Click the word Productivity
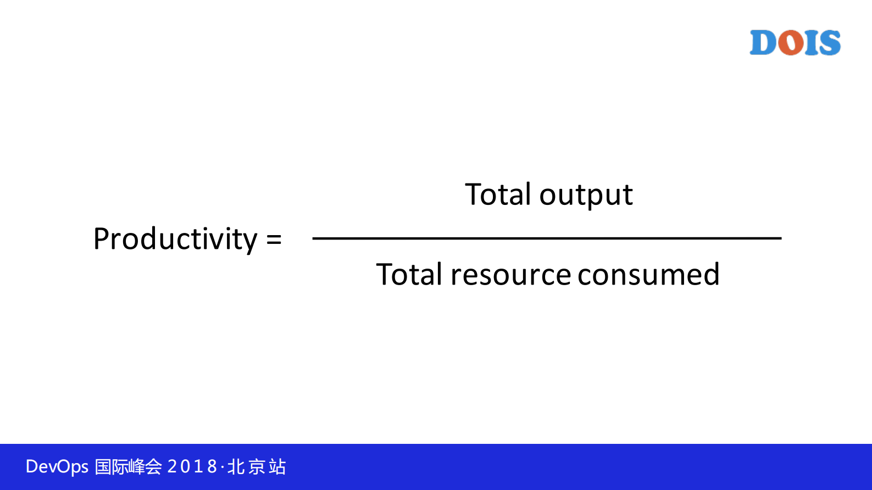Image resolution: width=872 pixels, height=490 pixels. [175, 238]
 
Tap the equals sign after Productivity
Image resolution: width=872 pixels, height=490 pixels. [274, 239]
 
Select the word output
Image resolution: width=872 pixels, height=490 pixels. [586, 196]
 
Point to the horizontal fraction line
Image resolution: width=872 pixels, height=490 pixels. [547, 238]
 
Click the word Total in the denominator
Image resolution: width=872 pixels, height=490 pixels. [409, 274]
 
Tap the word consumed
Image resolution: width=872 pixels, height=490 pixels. [648, 274]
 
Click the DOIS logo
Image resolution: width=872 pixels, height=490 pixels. [795, 42]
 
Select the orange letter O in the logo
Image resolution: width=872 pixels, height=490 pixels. [791, 42]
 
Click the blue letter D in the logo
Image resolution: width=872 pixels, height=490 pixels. [763, 42]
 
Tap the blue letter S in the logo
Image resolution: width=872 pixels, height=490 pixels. [829, 42]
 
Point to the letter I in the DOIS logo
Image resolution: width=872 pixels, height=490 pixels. [811, 42]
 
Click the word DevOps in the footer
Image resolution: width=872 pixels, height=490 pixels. [57, 466]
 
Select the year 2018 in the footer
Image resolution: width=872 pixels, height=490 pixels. [192, 466]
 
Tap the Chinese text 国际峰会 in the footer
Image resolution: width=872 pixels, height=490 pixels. [128, 466]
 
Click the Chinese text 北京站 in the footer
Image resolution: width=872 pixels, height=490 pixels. [257, 466]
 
